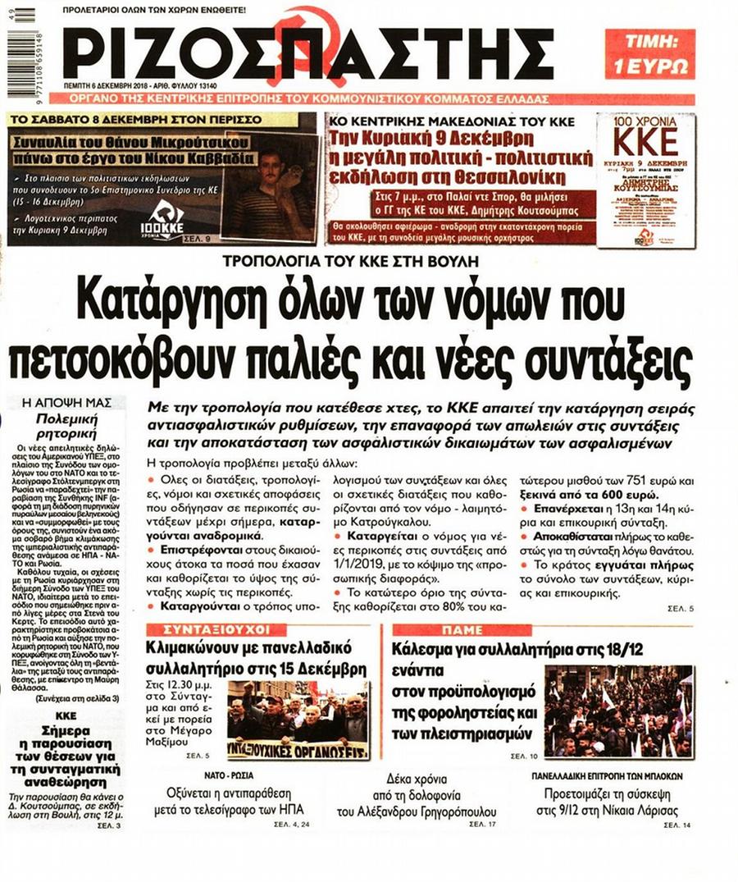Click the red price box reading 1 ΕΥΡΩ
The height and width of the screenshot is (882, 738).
[649, 53]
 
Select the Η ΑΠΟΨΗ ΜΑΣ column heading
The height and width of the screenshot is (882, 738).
[66, 404]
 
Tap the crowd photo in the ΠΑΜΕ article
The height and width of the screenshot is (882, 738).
[618, 710]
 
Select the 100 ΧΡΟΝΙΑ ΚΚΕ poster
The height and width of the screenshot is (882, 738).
[645, 180]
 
